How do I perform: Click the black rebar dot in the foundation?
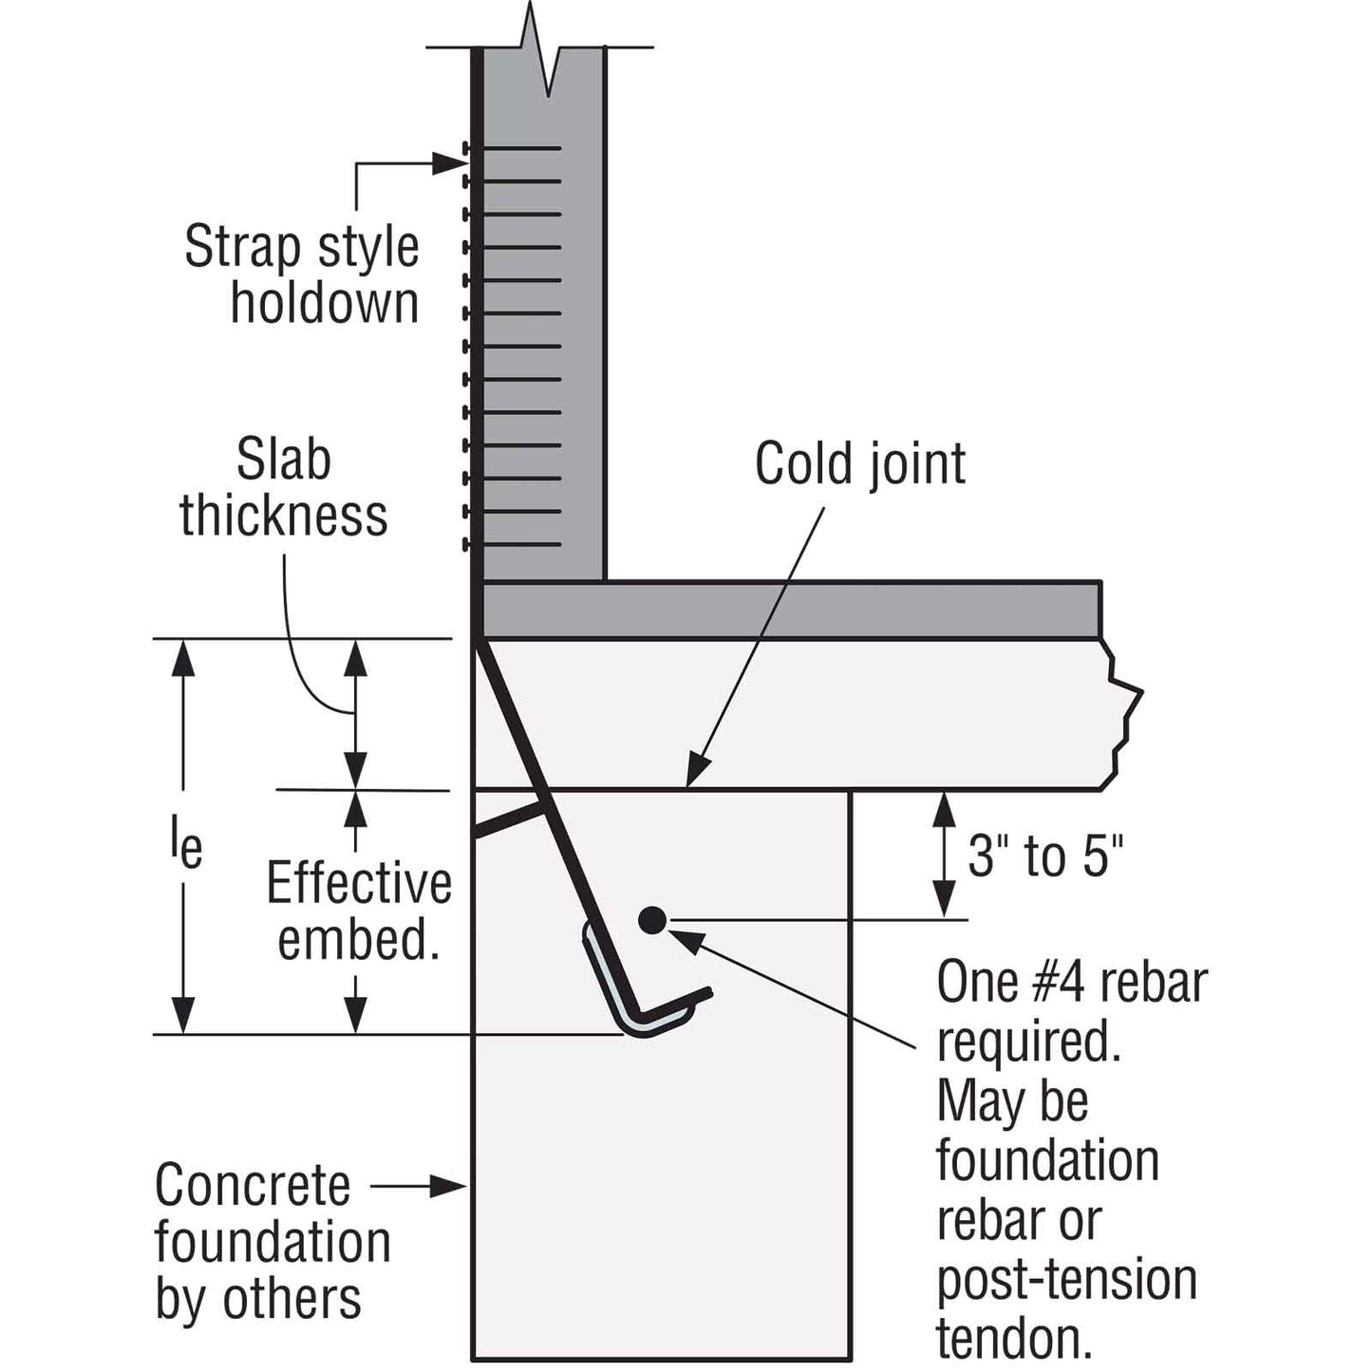click(x=651, y=919)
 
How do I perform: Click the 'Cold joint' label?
click(x=860, y=464)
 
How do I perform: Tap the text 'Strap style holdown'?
click(x=302, y=274)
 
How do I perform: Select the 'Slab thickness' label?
click(x=284, y=487)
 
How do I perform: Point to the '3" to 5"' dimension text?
click(x=1045, y=855)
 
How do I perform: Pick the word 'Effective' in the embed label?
click(x=359, y=883)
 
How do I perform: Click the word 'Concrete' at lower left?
click(x=253, y=1185)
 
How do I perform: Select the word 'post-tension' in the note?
click(x=1067, y=1280)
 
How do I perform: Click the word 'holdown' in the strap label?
click(x=325, y=303)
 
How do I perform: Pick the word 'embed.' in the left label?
click(x=359, y=940)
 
